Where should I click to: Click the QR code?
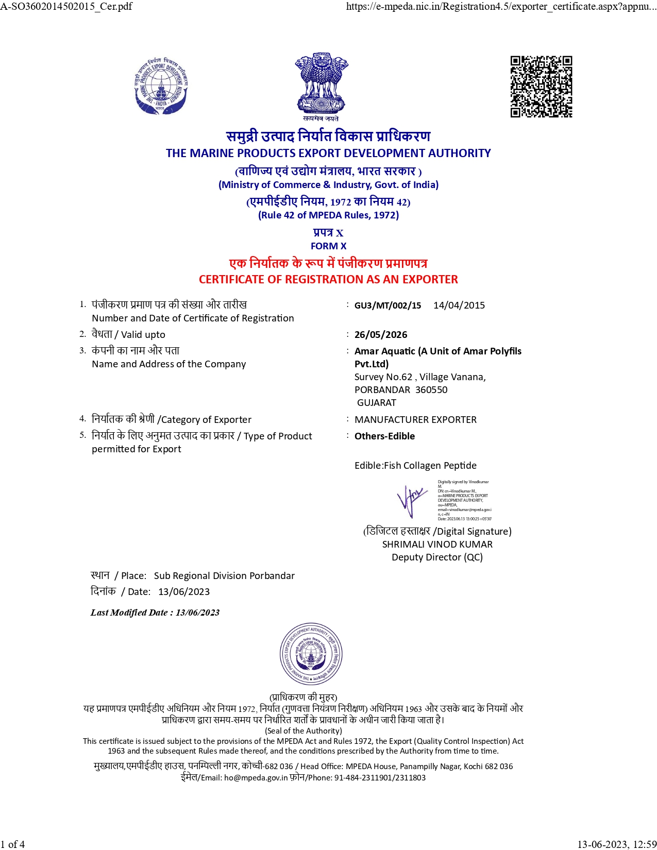[x=541, y=87]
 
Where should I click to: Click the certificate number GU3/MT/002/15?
[x=388, y=305]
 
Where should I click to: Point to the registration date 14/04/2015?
[x=459, y=305]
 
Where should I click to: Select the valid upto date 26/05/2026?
[x=381, y=335]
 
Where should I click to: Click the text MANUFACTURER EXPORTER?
[x=415, y=420]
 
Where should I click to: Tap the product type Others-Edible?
[x=384, y=436]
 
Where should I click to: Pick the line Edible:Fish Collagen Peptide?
[x=415, y=466]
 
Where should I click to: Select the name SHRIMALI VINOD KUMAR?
[x=437, y=545]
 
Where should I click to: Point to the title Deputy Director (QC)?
[x=437, y=557]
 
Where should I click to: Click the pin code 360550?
[x=431, y=390]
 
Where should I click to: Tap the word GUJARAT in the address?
[x=377, y=403]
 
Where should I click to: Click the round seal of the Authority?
[x=311, y=654]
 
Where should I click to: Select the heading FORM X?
[x=328, y=246]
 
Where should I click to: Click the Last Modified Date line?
[x=155, y=613]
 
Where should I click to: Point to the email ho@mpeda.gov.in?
[x=256, y=778]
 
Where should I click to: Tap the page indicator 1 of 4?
[x=13, y=844]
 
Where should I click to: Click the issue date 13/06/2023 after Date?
[x=184, y=592]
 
